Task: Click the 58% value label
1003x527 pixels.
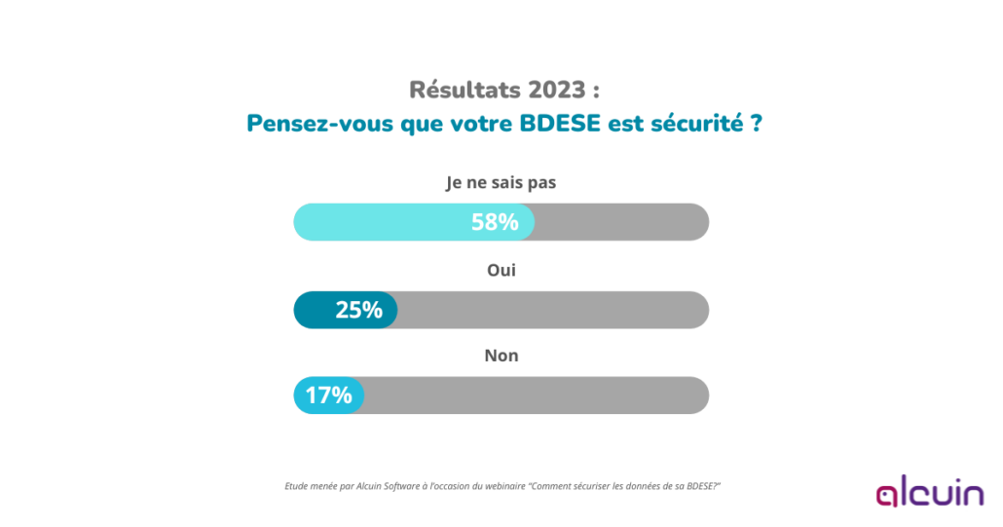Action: coord(495,222)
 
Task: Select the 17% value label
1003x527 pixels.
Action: coord(328,395)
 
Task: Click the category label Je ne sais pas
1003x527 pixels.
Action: coord(501,182)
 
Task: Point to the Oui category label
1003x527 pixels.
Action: coord(501,270)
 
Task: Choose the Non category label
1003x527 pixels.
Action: coord(501,356)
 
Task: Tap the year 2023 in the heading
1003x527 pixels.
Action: coord(556,91)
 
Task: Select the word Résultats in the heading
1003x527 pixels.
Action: coord(464,91)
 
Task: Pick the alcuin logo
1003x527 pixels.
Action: coord(929,494)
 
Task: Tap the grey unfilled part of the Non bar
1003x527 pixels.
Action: coord(536,395)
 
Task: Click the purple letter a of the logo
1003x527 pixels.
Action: coord(888,496)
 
